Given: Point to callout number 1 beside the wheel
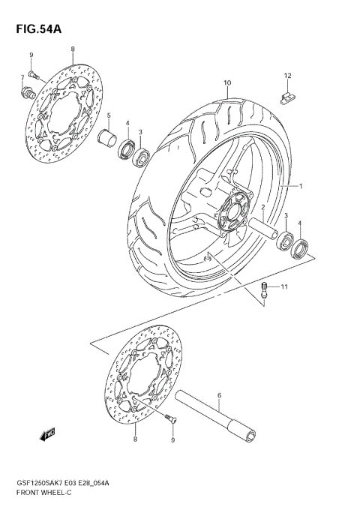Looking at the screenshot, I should coord(301,185).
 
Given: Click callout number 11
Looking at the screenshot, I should coord(284,287).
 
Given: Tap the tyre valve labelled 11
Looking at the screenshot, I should coord(265,291).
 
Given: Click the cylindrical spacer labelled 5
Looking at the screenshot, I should coord(109,139).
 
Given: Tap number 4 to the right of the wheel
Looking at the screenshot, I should coord(300,223).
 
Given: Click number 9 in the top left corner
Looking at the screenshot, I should coord(31,55).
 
